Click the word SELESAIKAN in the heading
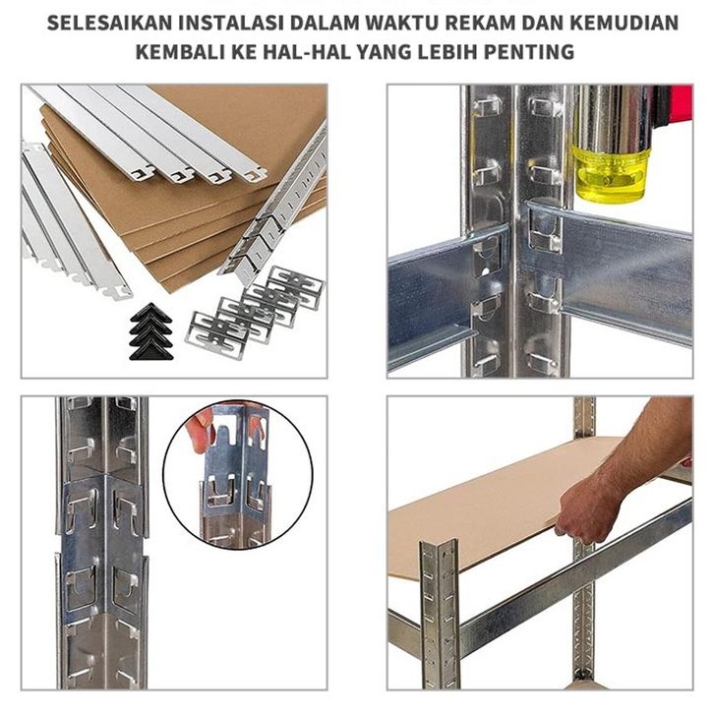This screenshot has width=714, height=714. [x=109, y=23]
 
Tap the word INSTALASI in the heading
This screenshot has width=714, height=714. [x=231, y=23]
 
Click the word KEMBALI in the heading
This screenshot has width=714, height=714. [x=180, y=52]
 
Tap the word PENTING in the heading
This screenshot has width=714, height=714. [x=529, y=52]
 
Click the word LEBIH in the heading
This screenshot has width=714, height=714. [x=447, y=52]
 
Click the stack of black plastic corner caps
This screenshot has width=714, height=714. [x=150, y=331]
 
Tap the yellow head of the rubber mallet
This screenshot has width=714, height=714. [x=611, y=173]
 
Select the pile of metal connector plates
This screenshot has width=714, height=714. [x=255, y=313]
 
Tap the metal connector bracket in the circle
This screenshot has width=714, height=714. [x=235, y=474]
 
